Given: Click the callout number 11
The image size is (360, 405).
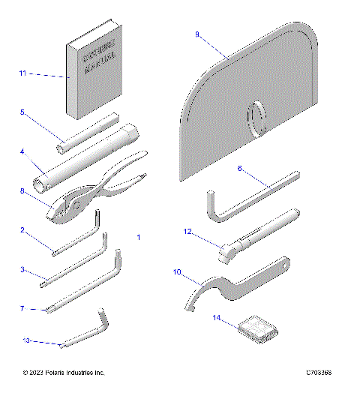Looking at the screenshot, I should pyautogui.click(x=22, y=74).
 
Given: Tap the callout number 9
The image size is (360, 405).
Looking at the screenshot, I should pyautogui.click(x=197, y=34).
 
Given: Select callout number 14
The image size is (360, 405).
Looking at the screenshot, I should pyautogui.click(x=217, y=318).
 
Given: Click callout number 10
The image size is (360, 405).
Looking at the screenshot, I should pyautogui.click(x=178, y=274).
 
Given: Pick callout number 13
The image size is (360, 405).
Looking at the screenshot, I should pyautogui.click(x=26, y=340).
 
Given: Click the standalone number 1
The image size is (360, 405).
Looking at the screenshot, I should pyautogui.click(x=139, y=237).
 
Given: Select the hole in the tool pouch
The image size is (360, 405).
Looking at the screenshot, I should pyautogui.click(x=257, y=118).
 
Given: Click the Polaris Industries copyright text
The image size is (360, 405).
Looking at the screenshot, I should pyautogui.click(x=64, y=373).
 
